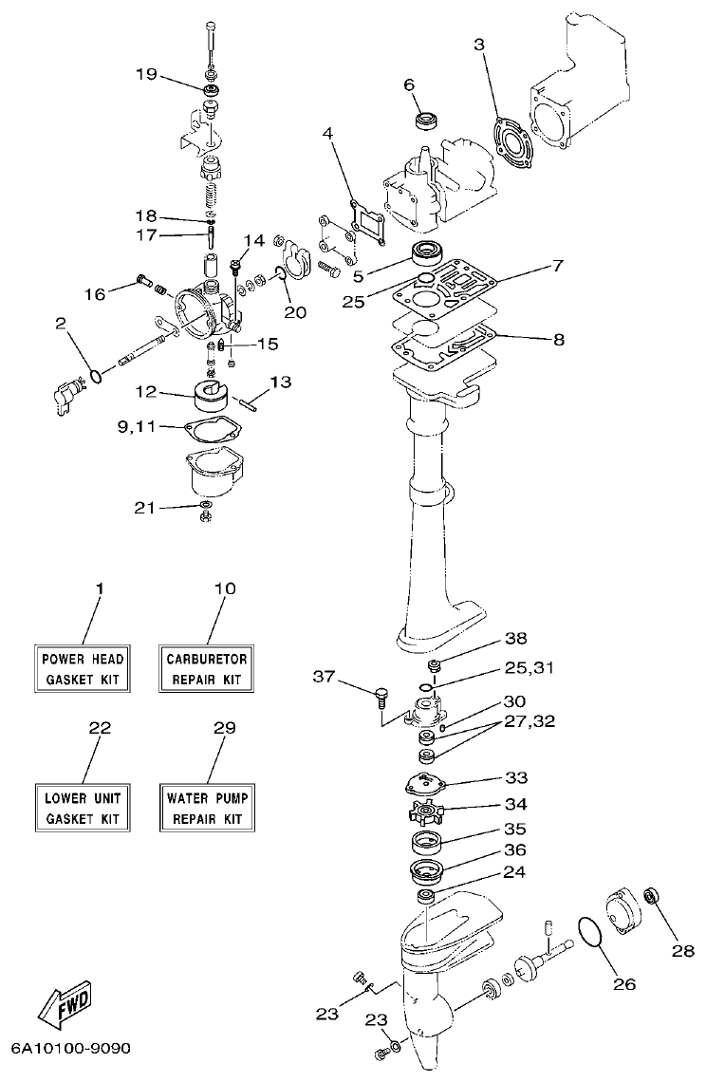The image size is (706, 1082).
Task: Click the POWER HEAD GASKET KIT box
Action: coord(84,669)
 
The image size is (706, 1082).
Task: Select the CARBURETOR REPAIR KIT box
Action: coord(207,669)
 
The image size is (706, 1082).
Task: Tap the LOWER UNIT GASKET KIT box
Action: coord(84,807)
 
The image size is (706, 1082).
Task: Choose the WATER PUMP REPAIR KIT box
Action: coord(207,807)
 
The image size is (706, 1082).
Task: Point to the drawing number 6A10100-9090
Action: coord(70,1049)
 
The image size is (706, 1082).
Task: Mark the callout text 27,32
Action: coord(529,720)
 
